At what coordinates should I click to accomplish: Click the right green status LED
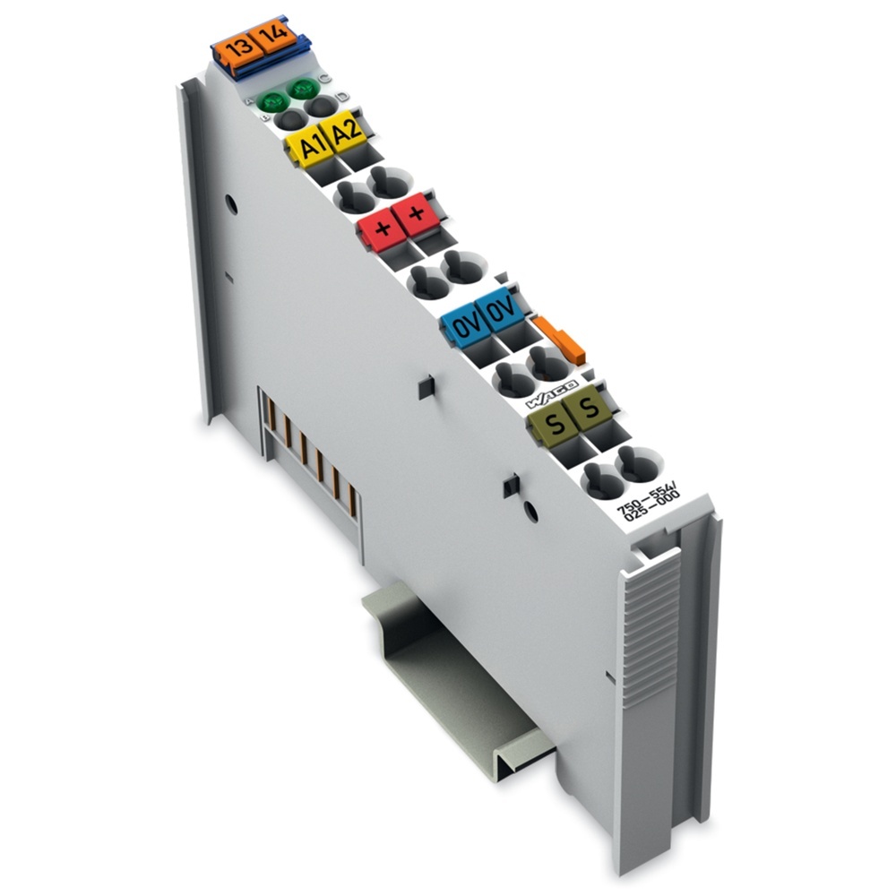click(x=301, y=90)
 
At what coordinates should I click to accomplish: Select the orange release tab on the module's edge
click(x=562, y=339)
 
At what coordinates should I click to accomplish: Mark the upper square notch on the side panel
click(x=426, y=386)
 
